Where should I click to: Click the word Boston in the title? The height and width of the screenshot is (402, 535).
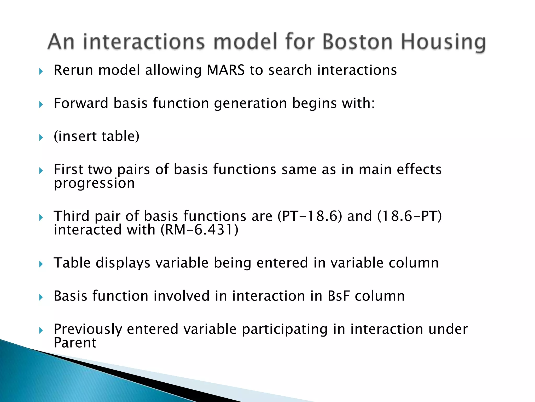(x=357, y=42)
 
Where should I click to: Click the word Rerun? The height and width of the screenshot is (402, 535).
(x=73, y=70)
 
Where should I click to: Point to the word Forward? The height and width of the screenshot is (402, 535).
(x=81, y=103)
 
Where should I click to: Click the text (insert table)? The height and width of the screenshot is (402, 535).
(x=96, y=136)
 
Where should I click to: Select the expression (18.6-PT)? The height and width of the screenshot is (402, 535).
(x=409, y=216)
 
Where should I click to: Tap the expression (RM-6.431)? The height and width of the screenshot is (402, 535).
(x=199, y=230)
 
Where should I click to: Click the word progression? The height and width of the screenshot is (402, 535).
(x=94, y=183)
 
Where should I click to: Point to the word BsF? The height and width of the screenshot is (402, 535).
(x=339, y=296)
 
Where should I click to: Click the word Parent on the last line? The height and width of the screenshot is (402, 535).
(x=75, y=343)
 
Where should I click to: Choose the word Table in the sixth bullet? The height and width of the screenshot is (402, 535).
(x=72, y=263)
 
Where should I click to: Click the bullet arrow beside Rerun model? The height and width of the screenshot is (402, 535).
(x=41, y=71)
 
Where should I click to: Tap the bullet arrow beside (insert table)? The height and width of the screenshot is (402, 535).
(x=41, y=137)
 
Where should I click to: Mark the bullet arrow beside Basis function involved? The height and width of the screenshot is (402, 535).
(x=41, y=297)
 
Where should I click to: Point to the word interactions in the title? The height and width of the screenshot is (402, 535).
(x=144, y=42)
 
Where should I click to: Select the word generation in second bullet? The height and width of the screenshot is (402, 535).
(x=250, y=103)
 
